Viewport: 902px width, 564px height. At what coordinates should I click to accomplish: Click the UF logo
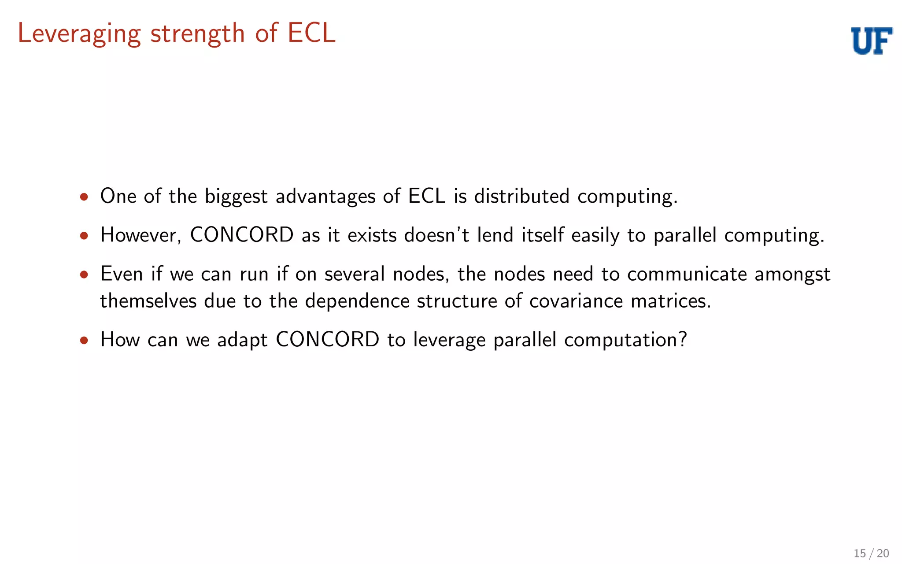(x=872, y=41)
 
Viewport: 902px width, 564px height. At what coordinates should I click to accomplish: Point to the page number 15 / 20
(x=871, y=553)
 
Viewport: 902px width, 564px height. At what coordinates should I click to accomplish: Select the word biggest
(x=236, y=197)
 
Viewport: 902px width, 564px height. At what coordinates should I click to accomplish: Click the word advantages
(x=325, y=197)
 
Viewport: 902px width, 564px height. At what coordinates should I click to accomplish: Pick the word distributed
(x=521, y=196)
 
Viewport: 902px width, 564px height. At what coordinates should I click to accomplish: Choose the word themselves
(x=148, y=301)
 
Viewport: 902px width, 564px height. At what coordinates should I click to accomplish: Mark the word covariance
(x=576, y=301)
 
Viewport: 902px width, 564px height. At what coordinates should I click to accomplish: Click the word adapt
(x=242, y=340)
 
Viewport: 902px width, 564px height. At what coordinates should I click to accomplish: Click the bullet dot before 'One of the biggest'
(x=84, y=197)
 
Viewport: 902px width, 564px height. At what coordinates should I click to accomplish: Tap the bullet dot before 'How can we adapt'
(x=84, y=340)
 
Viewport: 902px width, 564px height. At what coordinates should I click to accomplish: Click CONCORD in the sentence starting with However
(x=242, y=235)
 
